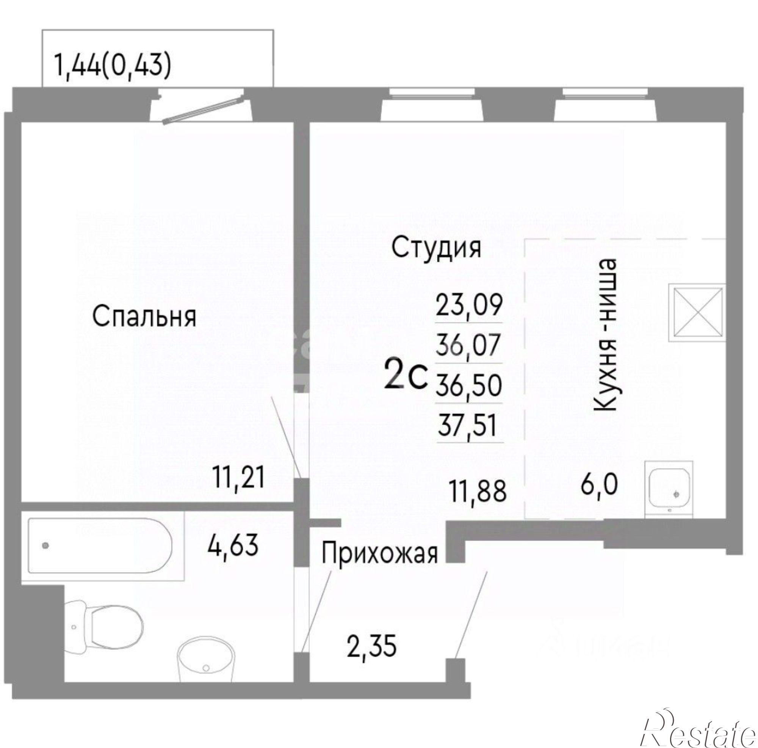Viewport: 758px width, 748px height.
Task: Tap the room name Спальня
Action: (144, 317)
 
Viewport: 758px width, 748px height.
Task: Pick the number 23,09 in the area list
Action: (469, 305)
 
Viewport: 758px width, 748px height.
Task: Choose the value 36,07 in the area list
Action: (469, 344)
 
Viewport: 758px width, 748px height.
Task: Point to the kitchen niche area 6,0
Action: (599, 484)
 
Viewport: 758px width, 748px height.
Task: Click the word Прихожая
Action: (379, 554)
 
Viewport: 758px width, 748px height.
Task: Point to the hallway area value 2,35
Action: (371, 648)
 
